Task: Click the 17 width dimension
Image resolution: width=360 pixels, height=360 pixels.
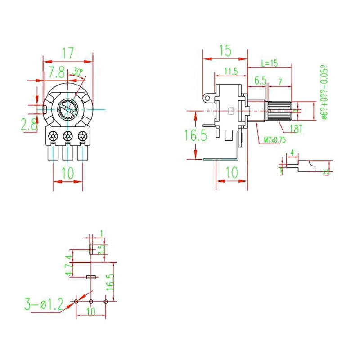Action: (67, 53)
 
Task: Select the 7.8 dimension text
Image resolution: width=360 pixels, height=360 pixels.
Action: (56, 71)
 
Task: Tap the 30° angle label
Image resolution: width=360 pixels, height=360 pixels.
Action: (78, 72)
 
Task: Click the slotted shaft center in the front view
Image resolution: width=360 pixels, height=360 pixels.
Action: (68, 109)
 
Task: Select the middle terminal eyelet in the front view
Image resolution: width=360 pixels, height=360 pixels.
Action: (68, 135)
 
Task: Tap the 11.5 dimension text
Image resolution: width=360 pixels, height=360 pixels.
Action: (231, 71)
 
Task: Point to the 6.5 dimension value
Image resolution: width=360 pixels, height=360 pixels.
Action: (261, 81)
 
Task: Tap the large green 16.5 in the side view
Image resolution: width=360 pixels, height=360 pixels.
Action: (196, 135)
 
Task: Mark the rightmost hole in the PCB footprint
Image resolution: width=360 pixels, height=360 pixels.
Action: (106, 301)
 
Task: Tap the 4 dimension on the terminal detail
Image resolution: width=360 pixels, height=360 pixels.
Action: (292, 153)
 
